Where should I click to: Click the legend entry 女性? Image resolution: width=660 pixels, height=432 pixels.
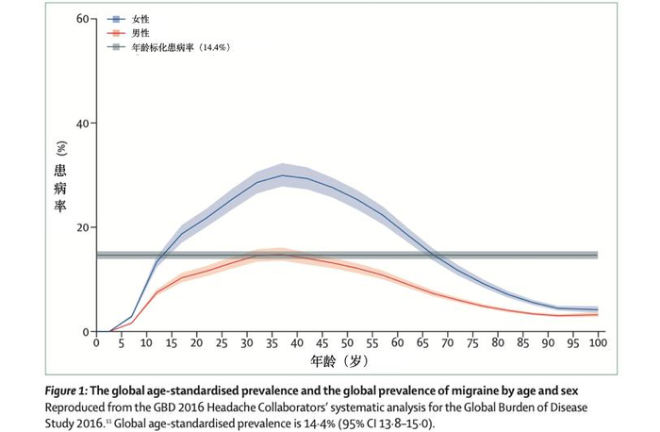tap(138, 19)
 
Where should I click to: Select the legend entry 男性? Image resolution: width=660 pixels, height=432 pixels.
tap(138, 32)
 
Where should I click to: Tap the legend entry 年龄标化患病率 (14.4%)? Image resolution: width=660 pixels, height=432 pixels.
tap(180, 45)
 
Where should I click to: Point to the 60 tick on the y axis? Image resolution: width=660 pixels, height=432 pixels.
tap(82, 19)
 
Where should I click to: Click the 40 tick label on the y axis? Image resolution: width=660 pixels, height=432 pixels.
tap(82, 124)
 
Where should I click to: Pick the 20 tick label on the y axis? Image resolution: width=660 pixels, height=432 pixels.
tap(82, 227)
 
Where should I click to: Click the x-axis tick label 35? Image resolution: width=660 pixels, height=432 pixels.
tap(272, 343)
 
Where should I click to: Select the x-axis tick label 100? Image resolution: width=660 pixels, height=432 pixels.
tap(598, 343)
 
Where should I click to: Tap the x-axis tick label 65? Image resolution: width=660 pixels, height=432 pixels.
tap(422, 343)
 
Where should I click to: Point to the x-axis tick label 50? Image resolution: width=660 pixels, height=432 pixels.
tap(347, 343)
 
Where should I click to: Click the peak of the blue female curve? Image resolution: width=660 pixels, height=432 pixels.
tap(283, 175)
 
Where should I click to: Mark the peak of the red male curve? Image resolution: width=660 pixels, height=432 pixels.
tap(278, 255)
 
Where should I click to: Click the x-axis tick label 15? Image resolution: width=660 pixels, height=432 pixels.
tap(172, 343)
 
